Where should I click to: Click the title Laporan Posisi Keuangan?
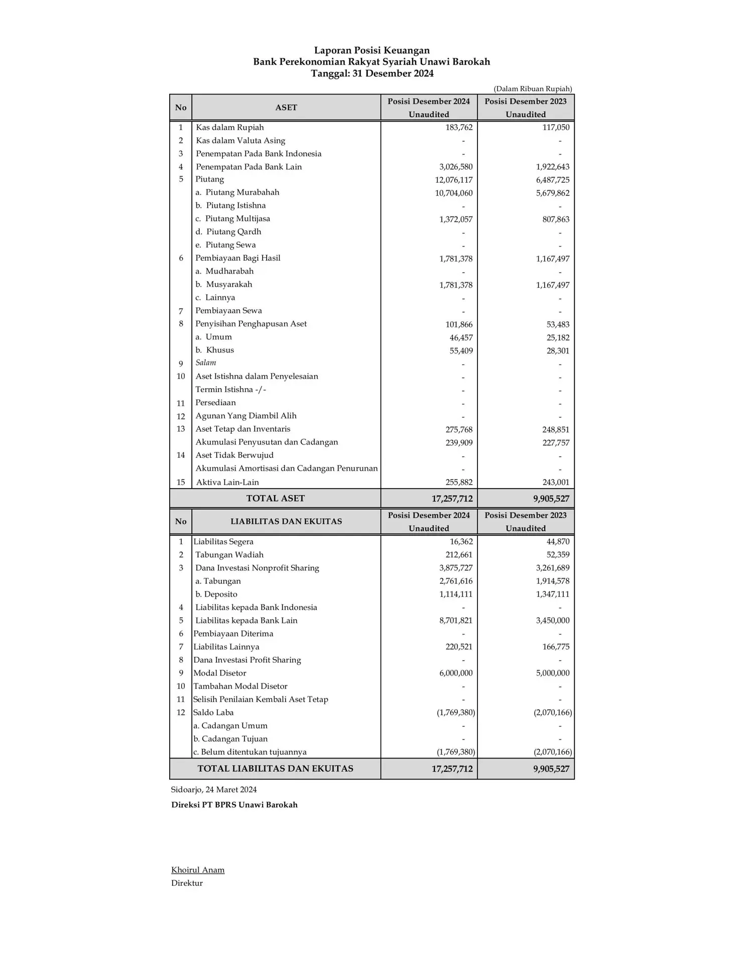[x=371, y=50]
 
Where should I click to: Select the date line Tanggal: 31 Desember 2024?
[x=371, y=73]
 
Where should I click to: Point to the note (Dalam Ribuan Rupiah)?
[x=532, y=89]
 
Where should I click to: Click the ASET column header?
[x=286, y=107]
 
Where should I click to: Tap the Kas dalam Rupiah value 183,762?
[x=459, y=128]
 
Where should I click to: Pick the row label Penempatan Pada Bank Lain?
[x=249, y=167]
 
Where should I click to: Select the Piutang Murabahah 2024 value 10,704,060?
[x=453, y=193]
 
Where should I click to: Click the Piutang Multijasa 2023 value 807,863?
[x=556, y=219]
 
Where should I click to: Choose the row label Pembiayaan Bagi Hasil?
[x=237, y=258]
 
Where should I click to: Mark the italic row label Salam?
[x=206, y=363]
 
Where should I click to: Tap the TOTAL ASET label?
[x=275, y=498]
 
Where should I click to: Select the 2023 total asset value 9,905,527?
[x=551, y=499]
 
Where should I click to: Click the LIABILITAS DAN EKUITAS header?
[x=286, y=521]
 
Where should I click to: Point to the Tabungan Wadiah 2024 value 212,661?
[x=459, y=555]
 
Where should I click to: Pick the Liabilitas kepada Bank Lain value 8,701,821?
[x=455, y=621]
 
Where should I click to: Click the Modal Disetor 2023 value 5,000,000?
[x=552, y=673]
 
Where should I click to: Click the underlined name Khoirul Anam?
[x=198, y=870]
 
